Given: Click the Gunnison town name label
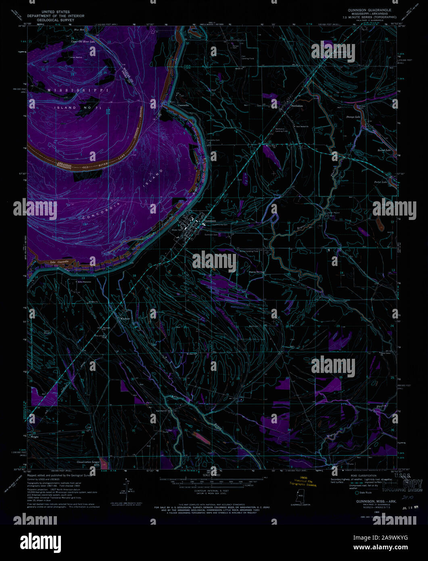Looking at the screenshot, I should click(210, 221).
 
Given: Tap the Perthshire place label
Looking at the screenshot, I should click(297, 106).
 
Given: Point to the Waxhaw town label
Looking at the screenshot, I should click(125, 318).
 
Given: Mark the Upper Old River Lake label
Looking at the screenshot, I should click(83, 42).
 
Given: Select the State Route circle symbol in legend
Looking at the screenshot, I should click(357, 493).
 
